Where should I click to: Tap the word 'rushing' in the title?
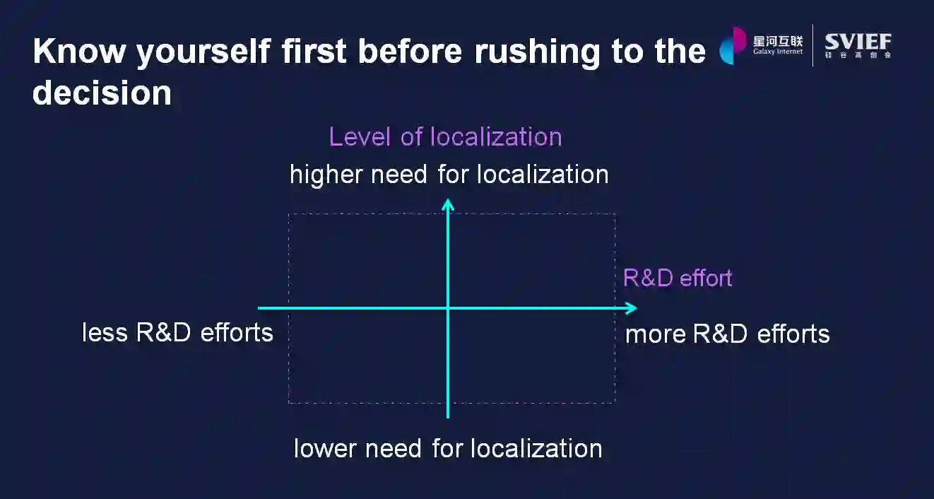click(x=531, y=51)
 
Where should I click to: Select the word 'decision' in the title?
click(x=102, y=93)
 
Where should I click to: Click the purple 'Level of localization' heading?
click(x=445, y=136)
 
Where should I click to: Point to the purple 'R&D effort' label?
click(x=677, y=278)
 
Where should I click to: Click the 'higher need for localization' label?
click(x=449, y=175)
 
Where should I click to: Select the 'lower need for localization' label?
click(x=448, y=448)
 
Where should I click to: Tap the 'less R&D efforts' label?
click(x=177, y=332)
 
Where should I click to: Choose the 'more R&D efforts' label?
click(x=727, y=334)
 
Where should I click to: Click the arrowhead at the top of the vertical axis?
click(x=448, y=204)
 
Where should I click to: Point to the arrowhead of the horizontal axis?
click(x=631, y=308)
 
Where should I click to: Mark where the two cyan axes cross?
click(x=448, y=308)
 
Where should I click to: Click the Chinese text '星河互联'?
click(x=778, y=40)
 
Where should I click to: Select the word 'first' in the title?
click(x=314, y=51)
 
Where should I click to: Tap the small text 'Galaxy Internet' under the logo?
click(x=778, y=52)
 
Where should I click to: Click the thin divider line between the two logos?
click(x=813, y=45)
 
